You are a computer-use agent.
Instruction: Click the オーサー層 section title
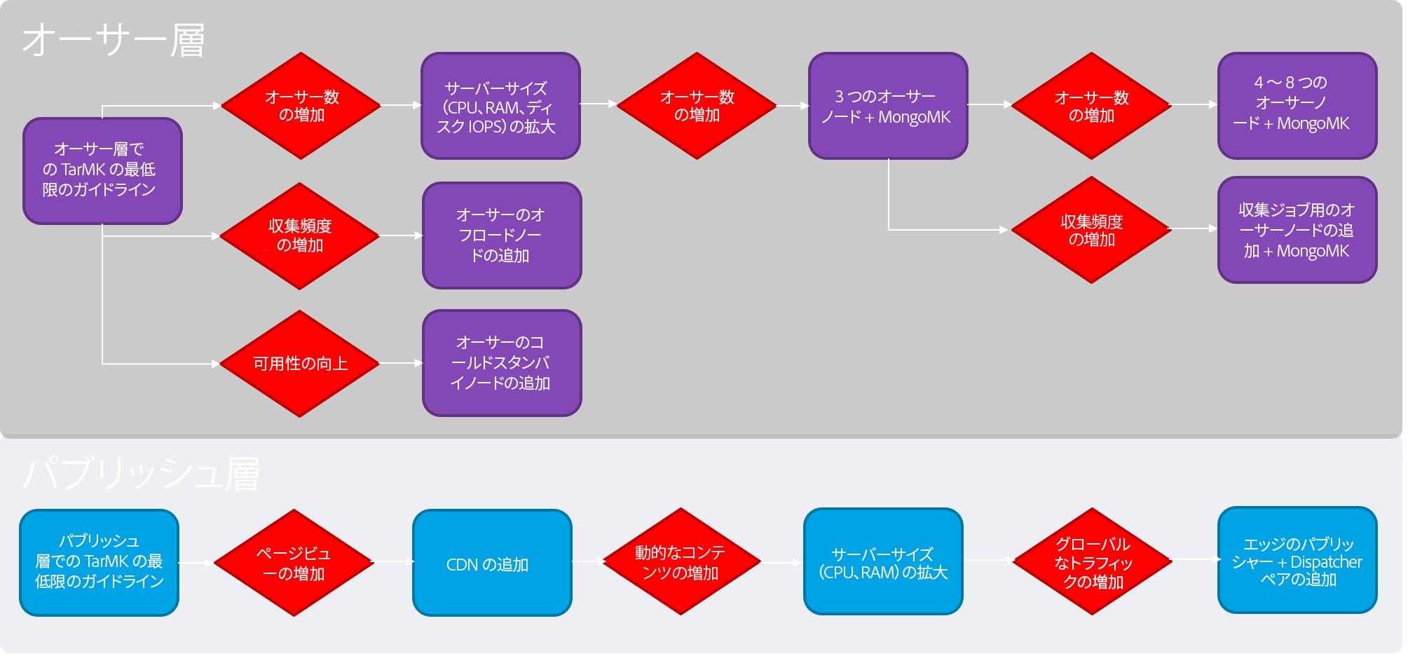tap(114, 40)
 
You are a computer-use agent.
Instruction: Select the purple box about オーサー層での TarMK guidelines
tap(102, 170)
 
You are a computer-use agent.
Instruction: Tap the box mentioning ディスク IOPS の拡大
tap(500, 107)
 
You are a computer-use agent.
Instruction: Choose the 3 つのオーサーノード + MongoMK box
tap(887, 106)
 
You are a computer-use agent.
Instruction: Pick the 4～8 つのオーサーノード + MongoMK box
tap(1297, 105)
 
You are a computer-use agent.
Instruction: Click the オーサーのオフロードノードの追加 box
tap(501, 235)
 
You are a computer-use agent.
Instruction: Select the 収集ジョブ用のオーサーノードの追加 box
tap(1297, 230)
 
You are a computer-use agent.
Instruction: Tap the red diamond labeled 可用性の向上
tap(300, 364)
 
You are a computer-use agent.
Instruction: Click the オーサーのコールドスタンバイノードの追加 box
tap(501, 363)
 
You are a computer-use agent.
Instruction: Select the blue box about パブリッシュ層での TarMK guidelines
tap(99, 562)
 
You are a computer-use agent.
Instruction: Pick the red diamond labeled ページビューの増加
tap(294, 563)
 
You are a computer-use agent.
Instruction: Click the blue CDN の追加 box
tap(491, 563)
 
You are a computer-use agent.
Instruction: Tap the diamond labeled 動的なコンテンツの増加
tap(681, 562)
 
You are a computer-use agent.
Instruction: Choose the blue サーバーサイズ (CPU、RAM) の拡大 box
tap(883, 562)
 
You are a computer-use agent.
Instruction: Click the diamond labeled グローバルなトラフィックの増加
tap(1093, 562)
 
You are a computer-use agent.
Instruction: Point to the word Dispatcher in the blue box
tap(1326, 562)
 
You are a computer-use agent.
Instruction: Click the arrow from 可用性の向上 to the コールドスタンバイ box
tap(400, 363)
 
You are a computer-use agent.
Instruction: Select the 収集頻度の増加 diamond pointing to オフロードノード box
tap(300, 236)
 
